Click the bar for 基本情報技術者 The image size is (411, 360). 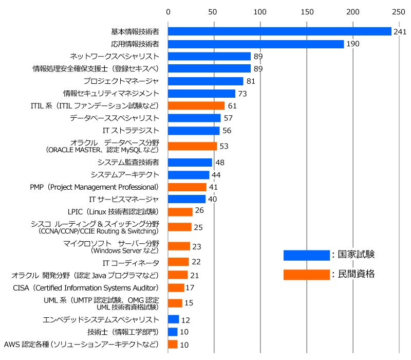279,31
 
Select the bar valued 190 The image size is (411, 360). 256,44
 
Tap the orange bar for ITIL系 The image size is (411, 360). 196,106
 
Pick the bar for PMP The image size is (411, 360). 187,187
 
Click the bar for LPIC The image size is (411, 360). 180,212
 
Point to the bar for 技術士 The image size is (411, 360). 173,332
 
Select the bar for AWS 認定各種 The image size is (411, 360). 173,344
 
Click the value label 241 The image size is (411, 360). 400,32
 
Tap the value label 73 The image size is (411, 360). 243,94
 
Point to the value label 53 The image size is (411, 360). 224,146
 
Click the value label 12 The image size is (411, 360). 186,320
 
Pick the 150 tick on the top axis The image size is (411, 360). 307,11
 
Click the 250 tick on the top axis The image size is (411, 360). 398,11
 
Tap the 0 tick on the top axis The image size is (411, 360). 168,11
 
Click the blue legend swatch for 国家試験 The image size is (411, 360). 306,255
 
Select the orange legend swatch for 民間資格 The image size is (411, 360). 306,275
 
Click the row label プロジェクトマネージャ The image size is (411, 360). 121,81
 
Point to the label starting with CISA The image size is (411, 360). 86,287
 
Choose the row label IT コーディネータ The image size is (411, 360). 131,262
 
